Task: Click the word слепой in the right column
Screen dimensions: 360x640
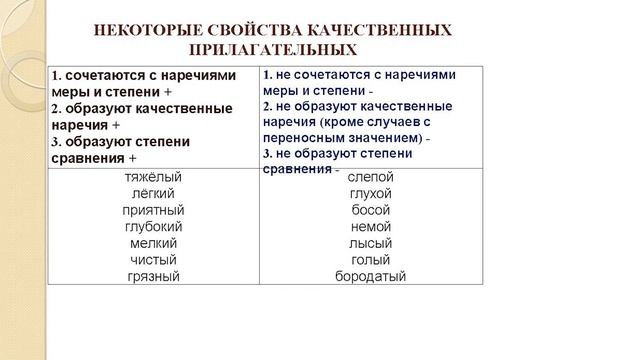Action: (x=370, y=177)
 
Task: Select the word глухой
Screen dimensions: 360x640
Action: (x=370, y=193)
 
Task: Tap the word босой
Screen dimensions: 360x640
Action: (x=370, y=210)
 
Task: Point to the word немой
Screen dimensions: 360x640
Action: (x=370, y=226)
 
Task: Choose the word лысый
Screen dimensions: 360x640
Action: (x=370, y=243)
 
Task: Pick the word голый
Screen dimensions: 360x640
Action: (x=370, y=259)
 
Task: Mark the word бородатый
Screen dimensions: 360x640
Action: (x=370, y=276)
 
